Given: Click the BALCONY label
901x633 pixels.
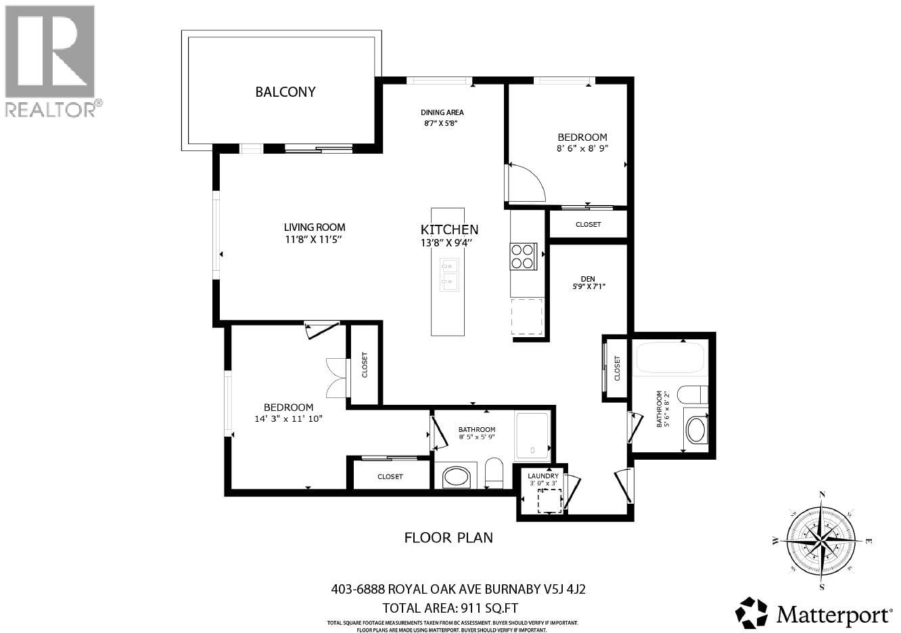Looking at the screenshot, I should pos(285,92).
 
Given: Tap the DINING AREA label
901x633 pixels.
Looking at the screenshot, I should pos(442,112).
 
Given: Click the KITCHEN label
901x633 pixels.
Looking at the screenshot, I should pos(449,230).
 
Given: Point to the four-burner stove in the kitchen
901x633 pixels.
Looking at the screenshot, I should pos(524,257).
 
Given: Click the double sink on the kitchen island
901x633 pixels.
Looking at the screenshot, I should pos(449,274).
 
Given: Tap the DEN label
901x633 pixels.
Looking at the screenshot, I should pos(587,278).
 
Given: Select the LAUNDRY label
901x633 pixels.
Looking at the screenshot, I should pos(543,476).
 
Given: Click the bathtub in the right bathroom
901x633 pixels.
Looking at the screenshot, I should pos(670,357).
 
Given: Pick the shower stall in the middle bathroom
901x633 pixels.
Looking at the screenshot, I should pos(534,433).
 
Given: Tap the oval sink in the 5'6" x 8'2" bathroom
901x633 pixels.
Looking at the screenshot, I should pos(695,429).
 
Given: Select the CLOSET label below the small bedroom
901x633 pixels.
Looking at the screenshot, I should pos(588,224).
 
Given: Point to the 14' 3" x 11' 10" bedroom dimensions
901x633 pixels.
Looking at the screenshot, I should pos(288,418).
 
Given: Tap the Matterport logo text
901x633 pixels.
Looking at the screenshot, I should pos(833,615).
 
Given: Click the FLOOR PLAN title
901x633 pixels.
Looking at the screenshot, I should pos(448,538).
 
